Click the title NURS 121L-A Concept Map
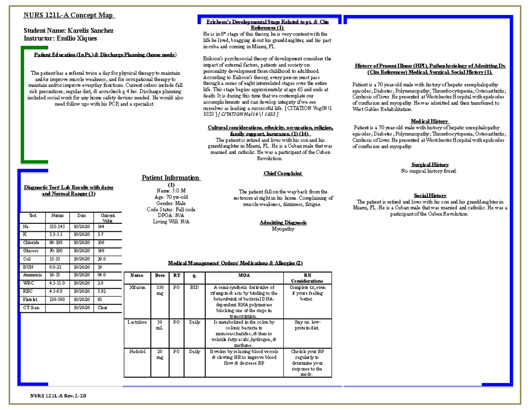(69, 16)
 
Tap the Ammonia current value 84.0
(102, 275)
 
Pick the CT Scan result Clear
(102, 307)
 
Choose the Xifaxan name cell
(136, 287)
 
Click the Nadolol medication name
(136, 352)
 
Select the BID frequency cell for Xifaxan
(194, 287)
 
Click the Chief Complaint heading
(283, 173)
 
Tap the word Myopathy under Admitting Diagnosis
(283, 229)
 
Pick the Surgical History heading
(430, 165)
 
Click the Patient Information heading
(170, 178)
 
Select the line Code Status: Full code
(171, 209)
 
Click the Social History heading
(430, 195)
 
